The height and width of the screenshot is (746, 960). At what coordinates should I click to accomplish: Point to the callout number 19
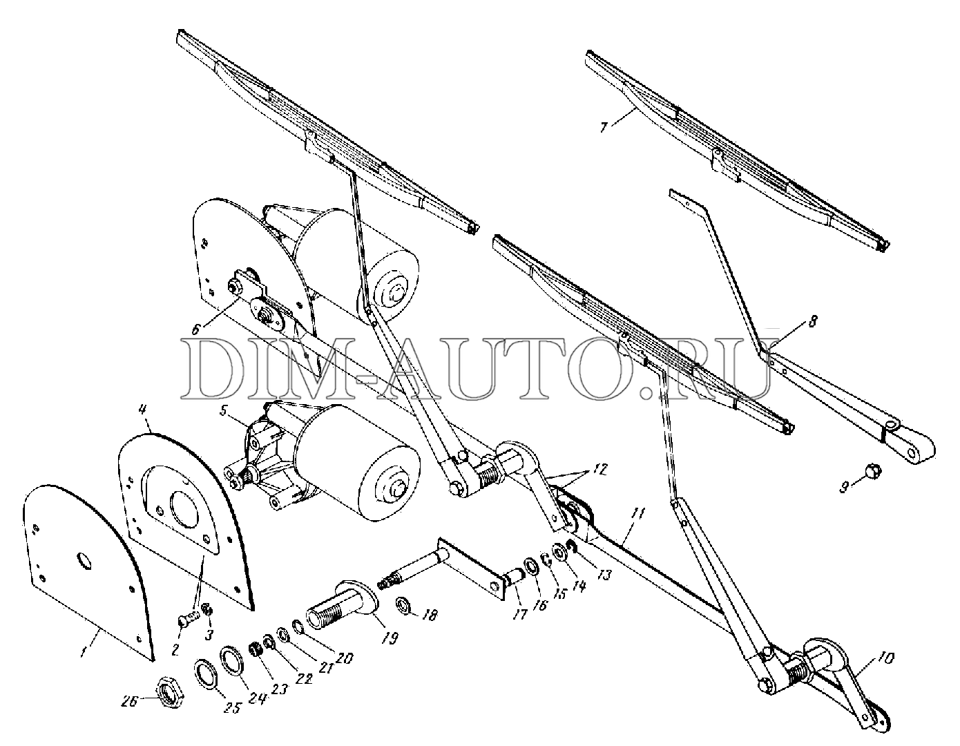tap(390, 638)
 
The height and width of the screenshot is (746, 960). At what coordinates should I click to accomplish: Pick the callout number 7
tap(604, 127)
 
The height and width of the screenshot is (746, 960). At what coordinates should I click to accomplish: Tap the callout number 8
tap(812, 321)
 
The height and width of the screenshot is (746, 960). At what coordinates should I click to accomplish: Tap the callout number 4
tap(142, 410)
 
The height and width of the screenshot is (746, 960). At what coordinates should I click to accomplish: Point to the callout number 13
tap(605, 575)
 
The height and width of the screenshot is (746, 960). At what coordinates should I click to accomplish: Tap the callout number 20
tap(344, 658)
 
